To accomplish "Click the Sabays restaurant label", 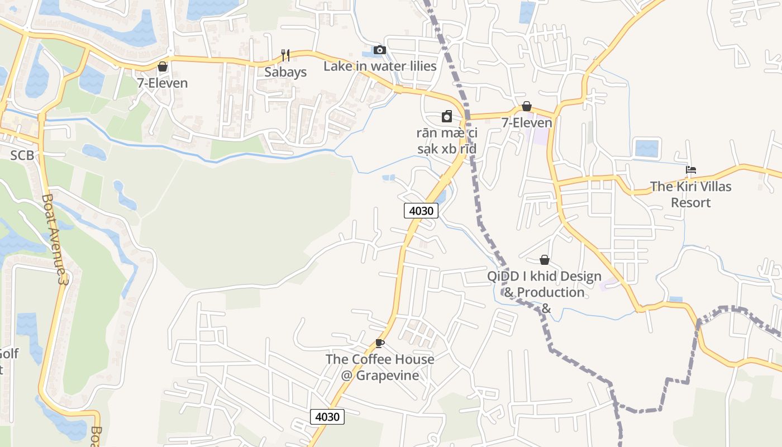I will tap(285, 72).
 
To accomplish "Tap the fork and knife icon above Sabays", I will tap(285, 55).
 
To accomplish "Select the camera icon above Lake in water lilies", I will tap(379, 50).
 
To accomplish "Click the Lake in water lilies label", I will tap(380, 66).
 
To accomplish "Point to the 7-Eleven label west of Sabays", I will tap(163, 83).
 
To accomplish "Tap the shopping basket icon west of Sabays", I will tap(163, 66).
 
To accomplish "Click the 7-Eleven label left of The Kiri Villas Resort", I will tap(527, 123).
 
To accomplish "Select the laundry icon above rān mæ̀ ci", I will tap(446, 116).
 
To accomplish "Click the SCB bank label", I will tap(22, 155).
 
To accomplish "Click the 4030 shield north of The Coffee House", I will tap(421, 211).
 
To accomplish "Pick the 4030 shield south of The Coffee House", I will tap(327, 416).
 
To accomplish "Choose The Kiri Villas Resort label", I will tap(690, 194).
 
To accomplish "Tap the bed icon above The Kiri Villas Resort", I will tap(691, 170).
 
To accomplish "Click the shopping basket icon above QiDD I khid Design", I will tap(544, 260).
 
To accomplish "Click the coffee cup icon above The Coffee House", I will tap(380, 343).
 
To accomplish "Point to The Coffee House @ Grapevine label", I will tap(380, 367).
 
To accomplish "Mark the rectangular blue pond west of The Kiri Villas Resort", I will tap(646, 148).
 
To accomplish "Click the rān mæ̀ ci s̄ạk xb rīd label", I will tap(447, 141).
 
